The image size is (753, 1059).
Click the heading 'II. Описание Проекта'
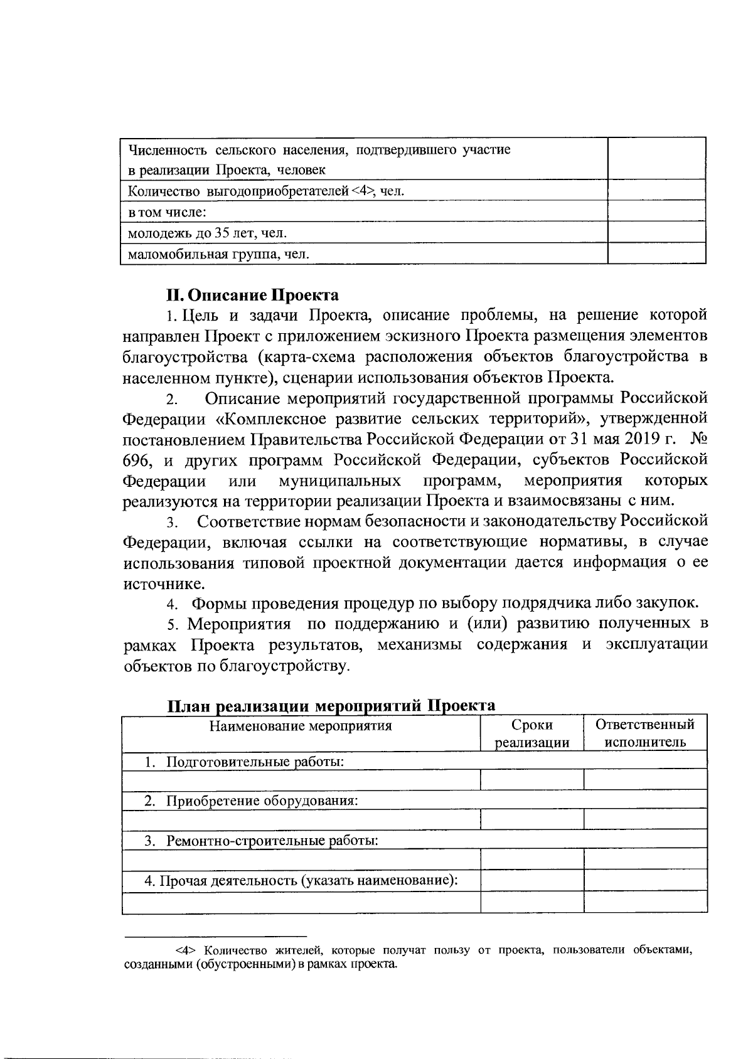(x=252, y=295)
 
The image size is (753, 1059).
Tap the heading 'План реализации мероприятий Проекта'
(x=331, y=705)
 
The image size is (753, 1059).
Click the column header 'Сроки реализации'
(x=532, y=733)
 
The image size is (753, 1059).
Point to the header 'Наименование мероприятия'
(x=301, y=726)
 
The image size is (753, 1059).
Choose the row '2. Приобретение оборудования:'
(x=251, y=801)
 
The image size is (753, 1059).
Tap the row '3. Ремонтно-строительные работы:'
(x=262, y=840)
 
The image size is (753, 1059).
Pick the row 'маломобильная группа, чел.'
(x=219, y=254)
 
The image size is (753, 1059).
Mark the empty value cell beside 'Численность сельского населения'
(x=657, y=159)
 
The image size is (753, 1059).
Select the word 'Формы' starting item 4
(x=219, y=604)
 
